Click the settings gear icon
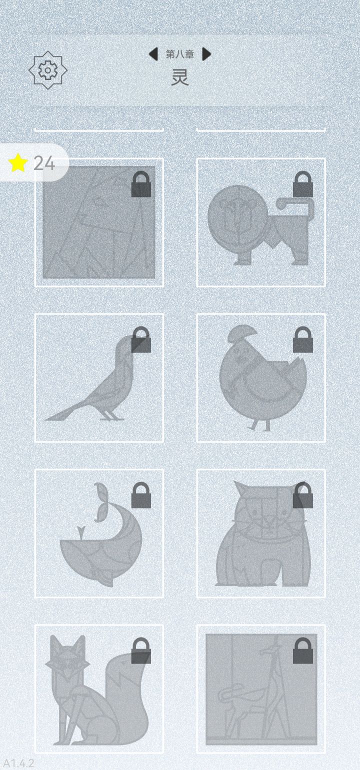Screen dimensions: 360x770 [x=48, y=70]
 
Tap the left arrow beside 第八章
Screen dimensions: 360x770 [x=153, y=54]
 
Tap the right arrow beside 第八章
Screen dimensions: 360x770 [x=206, y=54]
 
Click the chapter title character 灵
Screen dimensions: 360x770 [x=180, y=77]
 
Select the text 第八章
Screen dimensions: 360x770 [x=180, y=54]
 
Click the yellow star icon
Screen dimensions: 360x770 [x=18, y=163]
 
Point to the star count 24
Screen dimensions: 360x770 [x=44, y=163]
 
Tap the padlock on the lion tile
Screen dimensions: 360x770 [x=303, y=184]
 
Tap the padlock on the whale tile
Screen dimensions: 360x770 [x=141, y=495]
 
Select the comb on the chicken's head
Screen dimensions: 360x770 [x=242, y=333]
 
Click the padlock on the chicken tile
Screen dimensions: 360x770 [x=303, y=339]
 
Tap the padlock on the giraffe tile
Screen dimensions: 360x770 [x=303, y=650]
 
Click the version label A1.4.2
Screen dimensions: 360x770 [x=18, y=763]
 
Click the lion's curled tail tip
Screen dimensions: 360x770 [x=280, y=204]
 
